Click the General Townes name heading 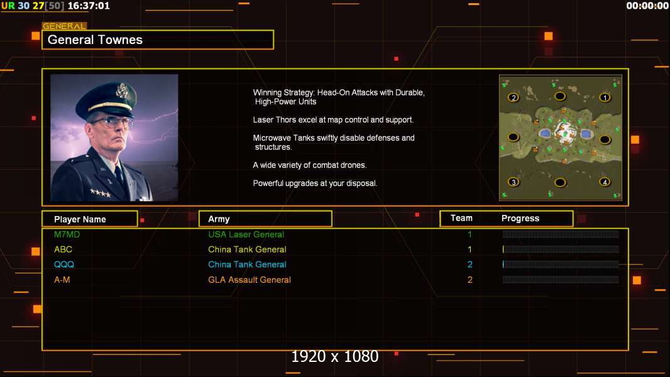pos(96,40)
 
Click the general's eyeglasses pos(113,121)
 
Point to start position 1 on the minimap pos(605,97)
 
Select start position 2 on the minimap pos(513,97)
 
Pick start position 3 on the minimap pos(513,182)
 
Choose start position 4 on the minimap pos(605,182)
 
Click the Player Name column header pos(80,219)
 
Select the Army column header pos(219,219)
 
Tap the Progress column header pos(520,219)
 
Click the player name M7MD pos(67,234)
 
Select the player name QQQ pos(64,265)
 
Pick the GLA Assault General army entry pos(250,280)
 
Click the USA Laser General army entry pos(246,234)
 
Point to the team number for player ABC pos(470,249)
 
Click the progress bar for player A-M pos(561,280)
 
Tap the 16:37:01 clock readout pos(89,6)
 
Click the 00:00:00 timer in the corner pos(647,6)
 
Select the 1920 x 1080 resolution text pos(335,357)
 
